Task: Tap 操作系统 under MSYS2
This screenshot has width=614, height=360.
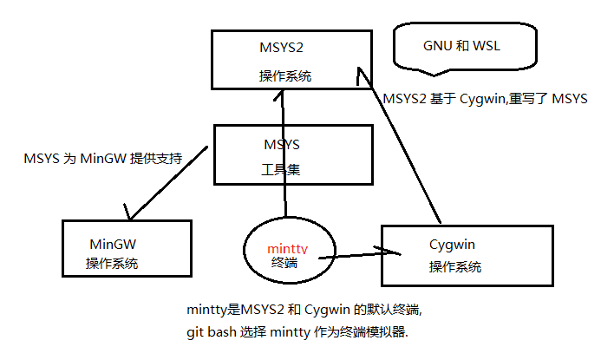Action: tap(284, 76)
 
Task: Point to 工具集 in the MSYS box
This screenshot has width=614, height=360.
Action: tap(281, 169)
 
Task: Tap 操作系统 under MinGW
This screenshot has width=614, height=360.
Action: tap(112, 263)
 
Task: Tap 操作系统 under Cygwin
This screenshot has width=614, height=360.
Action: tap(455, 267)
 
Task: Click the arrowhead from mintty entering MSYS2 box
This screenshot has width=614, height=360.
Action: tap(282, 96)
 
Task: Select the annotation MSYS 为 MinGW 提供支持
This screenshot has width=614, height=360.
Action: tap(104, 159)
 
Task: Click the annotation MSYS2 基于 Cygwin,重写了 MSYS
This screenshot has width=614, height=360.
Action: tap(486, 99)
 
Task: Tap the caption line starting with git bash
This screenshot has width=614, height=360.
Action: tap(297, 331)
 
